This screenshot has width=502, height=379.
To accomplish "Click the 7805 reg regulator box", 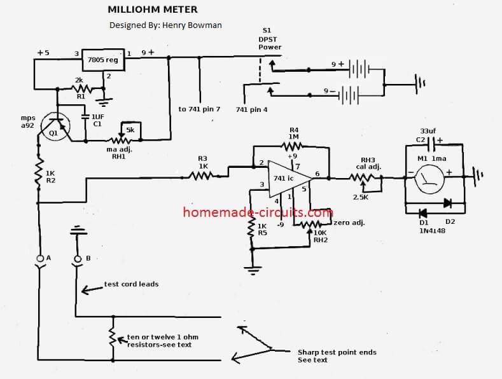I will tap(102, 59).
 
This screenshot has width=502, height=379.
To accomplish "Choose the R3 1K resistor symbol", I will tap(203, 173).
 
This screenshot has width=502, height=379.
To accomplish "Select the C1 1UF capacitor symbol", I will tap(85, 118).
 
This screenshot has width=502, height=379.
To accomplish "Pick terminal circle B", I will tap(78, 258).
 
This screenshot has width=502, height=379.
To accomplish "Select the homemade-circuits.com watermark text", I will tap(257, 212).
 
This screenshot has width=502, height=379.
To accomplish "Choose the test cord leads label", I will tap(131, 284).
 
